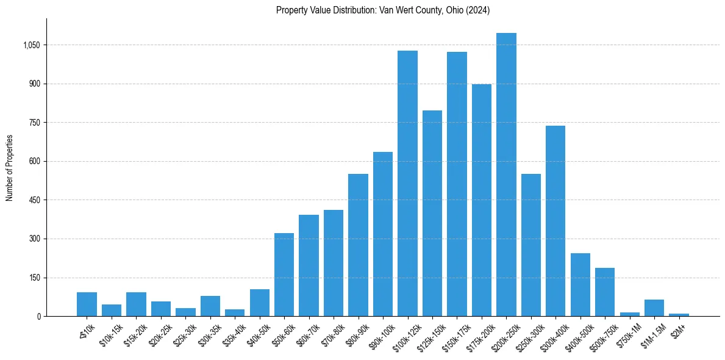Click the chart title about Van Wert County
click(x=383, y=10)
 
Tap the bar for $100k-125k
click(x=407, y=183)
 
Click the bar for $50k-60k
click(x=284, y=275)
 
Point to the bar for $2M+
click(x=679, y=315)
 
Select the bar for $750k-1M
click(x=629, y=314)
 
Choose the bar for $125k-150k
click(x=432, y=214)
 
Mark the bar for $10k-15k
click(x=112, y=310)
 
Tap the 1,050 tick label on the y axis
click(x=31, y=45)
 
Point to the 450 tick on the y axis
click(x=35, y=200)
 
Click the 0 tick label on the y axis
click(x=38, y=316)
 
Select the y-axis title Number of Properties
click(x=10, y=168)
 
